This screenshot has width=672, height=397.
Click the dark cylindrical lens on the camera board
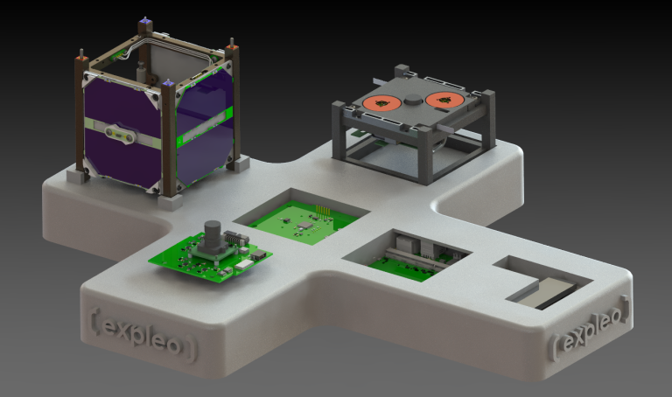[x=212, y=236]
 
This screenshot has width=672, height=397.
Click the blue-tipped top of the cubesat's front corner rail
[x=166, y=84]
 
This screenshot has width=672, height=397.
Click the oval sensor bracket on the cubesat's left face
[x=118, y=134]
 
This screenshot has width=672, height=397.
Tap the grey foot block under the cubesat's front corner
[x=171, y=201]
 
